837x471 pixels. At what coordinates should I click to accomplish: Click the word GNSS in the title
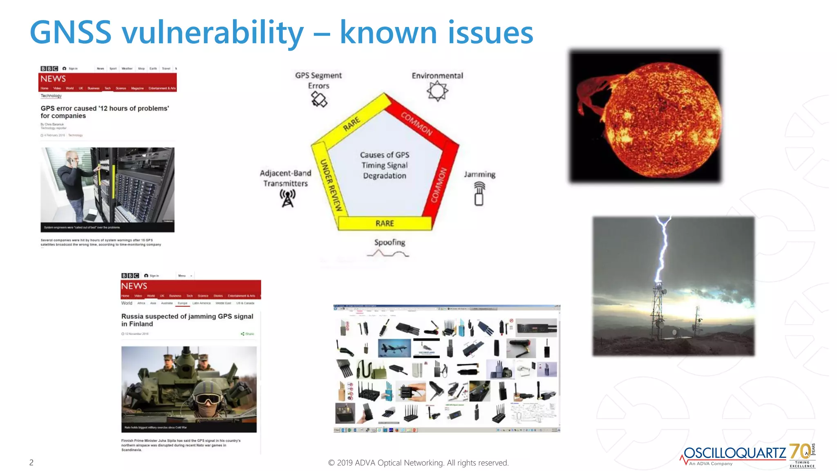point(70,33)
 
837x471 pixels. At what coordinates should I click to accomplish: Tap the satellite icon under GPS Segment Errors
point(319,99)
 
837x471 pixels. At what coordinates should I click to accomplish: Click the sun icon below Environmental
point(437,91)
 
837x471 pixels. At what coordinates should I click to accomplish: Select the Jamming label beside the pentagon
point(479,175)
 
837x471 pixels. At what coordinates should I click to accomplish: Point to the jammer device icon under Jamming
point(479,194)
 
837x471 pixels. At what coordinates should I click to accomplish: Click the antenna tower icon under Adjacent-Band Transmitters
point(287,198)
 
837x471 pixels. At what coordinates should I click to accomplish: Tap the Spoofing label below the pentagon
point(389,242)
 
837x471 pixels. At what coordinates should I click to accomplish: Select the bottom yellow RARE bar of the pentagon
point(385,223)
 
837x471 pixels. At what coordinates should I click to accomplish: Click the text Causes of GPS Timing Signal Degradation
point(385,165)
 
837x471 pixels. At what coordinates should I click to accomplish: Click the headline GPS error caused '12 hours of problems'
point(104,112)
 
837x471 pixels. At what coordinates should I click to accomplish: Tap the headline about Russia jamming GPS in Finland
point(187,320)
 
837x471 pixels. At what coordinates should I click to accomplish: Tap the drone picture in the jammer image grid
point(394,348)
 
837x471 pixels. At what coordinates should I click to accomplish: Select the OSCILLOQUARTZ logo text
point(734,453)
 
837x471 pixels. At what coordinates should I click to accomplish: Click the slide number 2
point(31,462)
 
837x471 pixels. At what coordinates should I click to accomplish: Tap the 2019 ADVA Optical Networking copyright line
point(418,462)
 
